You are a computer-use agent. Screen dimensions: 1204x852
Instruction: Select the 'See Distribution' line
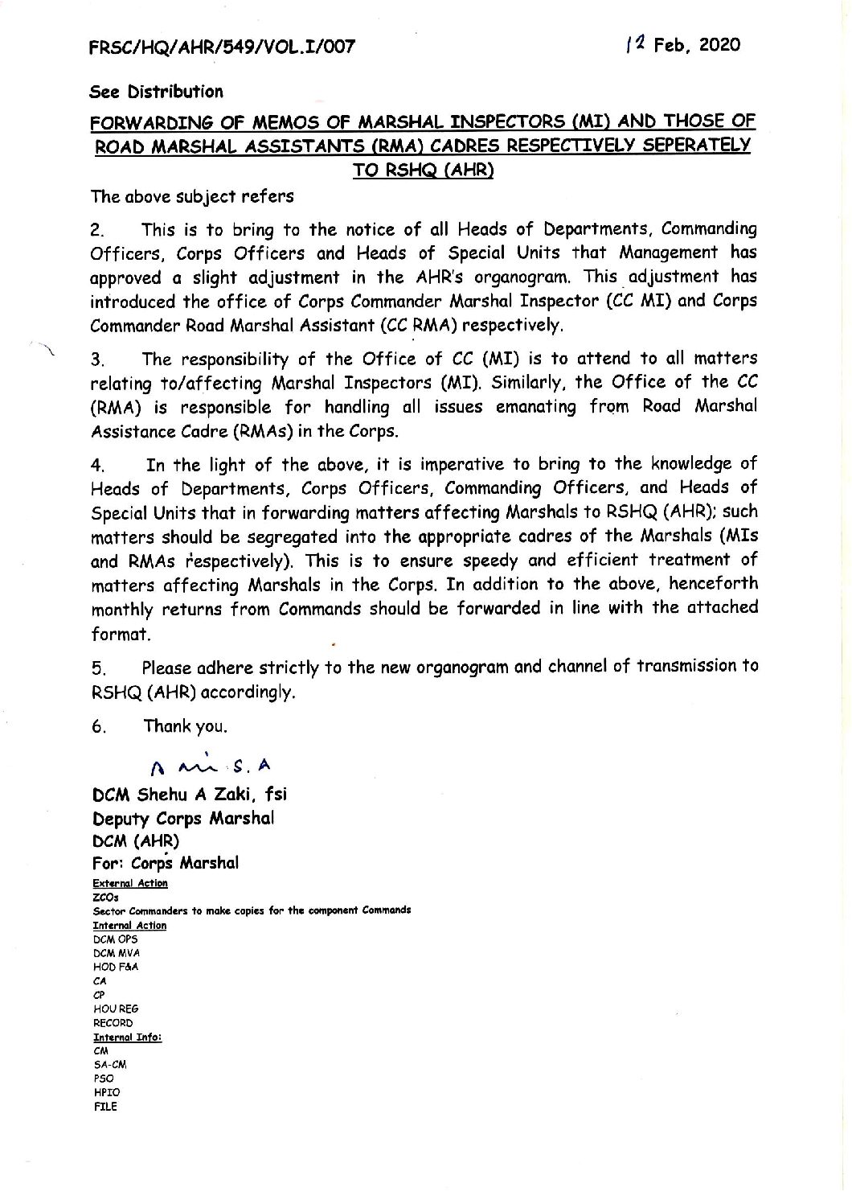[x=156, y=92]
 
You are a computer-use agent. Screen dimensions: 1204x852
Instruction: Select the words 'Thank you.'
[x=185, y=726]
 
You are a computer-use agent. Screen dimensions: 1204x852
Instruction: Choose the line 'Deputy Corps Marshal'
[x=183, y=818]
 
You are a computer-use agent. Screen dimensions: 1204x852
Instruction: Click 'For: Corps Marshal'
[x=166, y=863]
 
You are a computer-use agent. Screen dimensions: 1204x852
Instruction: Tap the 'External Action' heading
[x=130, y=883]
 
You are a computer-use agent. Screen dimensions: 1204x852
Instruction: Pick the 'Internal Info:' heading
[x=128, y=1037]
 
